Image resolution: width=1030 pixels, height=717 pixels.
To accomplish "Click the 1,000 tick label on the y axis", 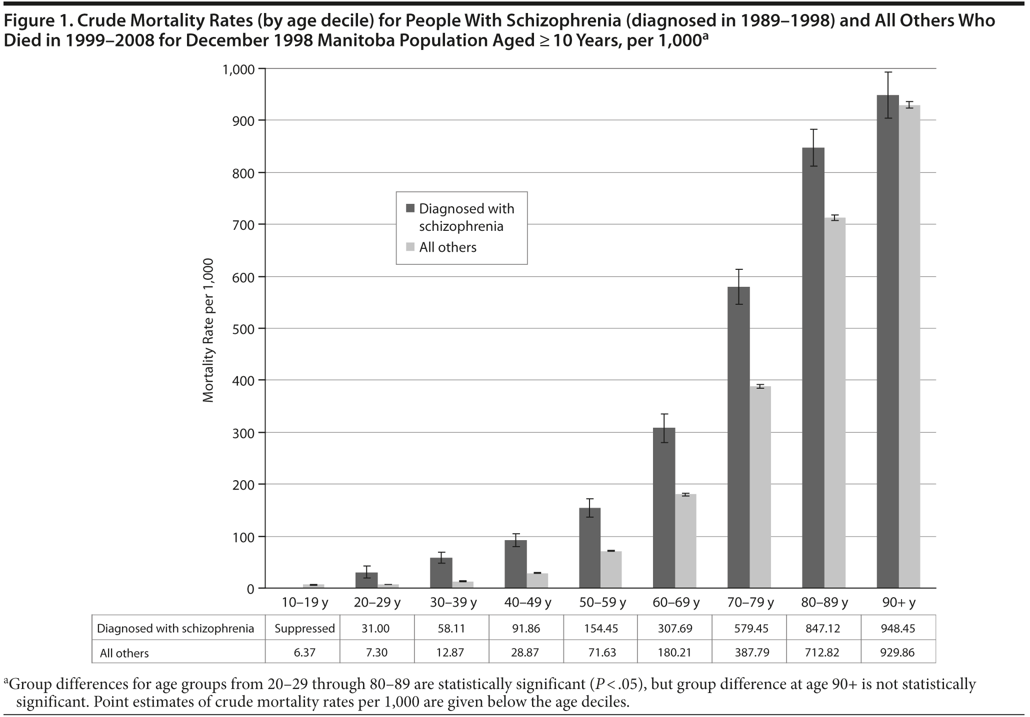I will point(237,69).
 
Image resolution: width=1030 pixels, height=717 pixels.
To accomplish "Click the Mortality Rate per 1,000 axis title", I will point(208,330).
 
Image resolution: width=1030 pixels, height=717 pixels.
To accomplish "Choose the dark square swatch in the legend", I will point(410,208).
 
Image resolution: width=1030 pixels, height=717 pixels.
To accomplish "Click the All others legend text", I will point(447,247).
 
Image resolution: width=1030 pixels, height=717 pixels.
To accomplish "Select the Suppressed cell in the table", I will point(304,629).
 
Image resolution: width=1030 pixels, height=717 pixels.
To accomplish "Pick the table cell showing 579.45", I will point(750,629).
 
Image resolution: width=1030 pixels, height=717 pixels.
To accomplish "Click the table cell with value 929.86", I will point(898,653).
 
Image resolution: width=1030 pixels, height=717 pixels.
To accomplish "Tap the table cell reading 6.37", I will point(304,653).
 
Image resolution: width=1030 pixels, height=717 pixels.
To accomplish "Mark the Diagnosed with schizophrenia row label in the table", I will point(175,629).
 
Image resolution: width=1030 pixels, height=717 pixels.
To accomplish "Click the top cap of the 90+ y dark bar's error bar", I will point(887,72).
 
